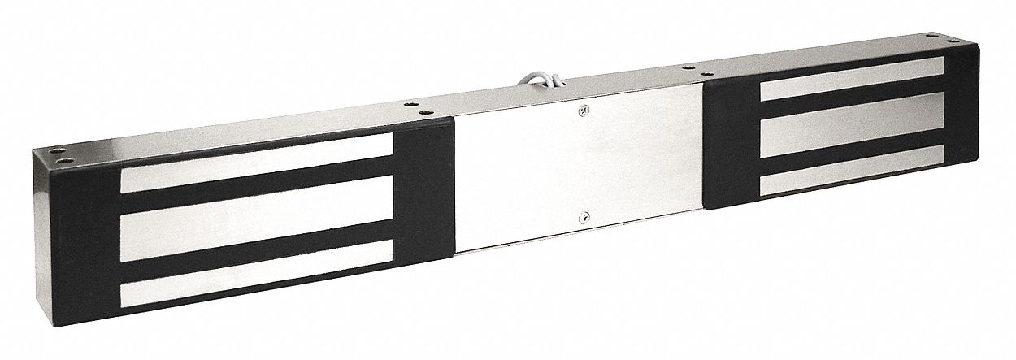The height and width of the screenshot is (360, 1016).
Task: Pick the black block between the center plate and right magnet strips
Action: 732,138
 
